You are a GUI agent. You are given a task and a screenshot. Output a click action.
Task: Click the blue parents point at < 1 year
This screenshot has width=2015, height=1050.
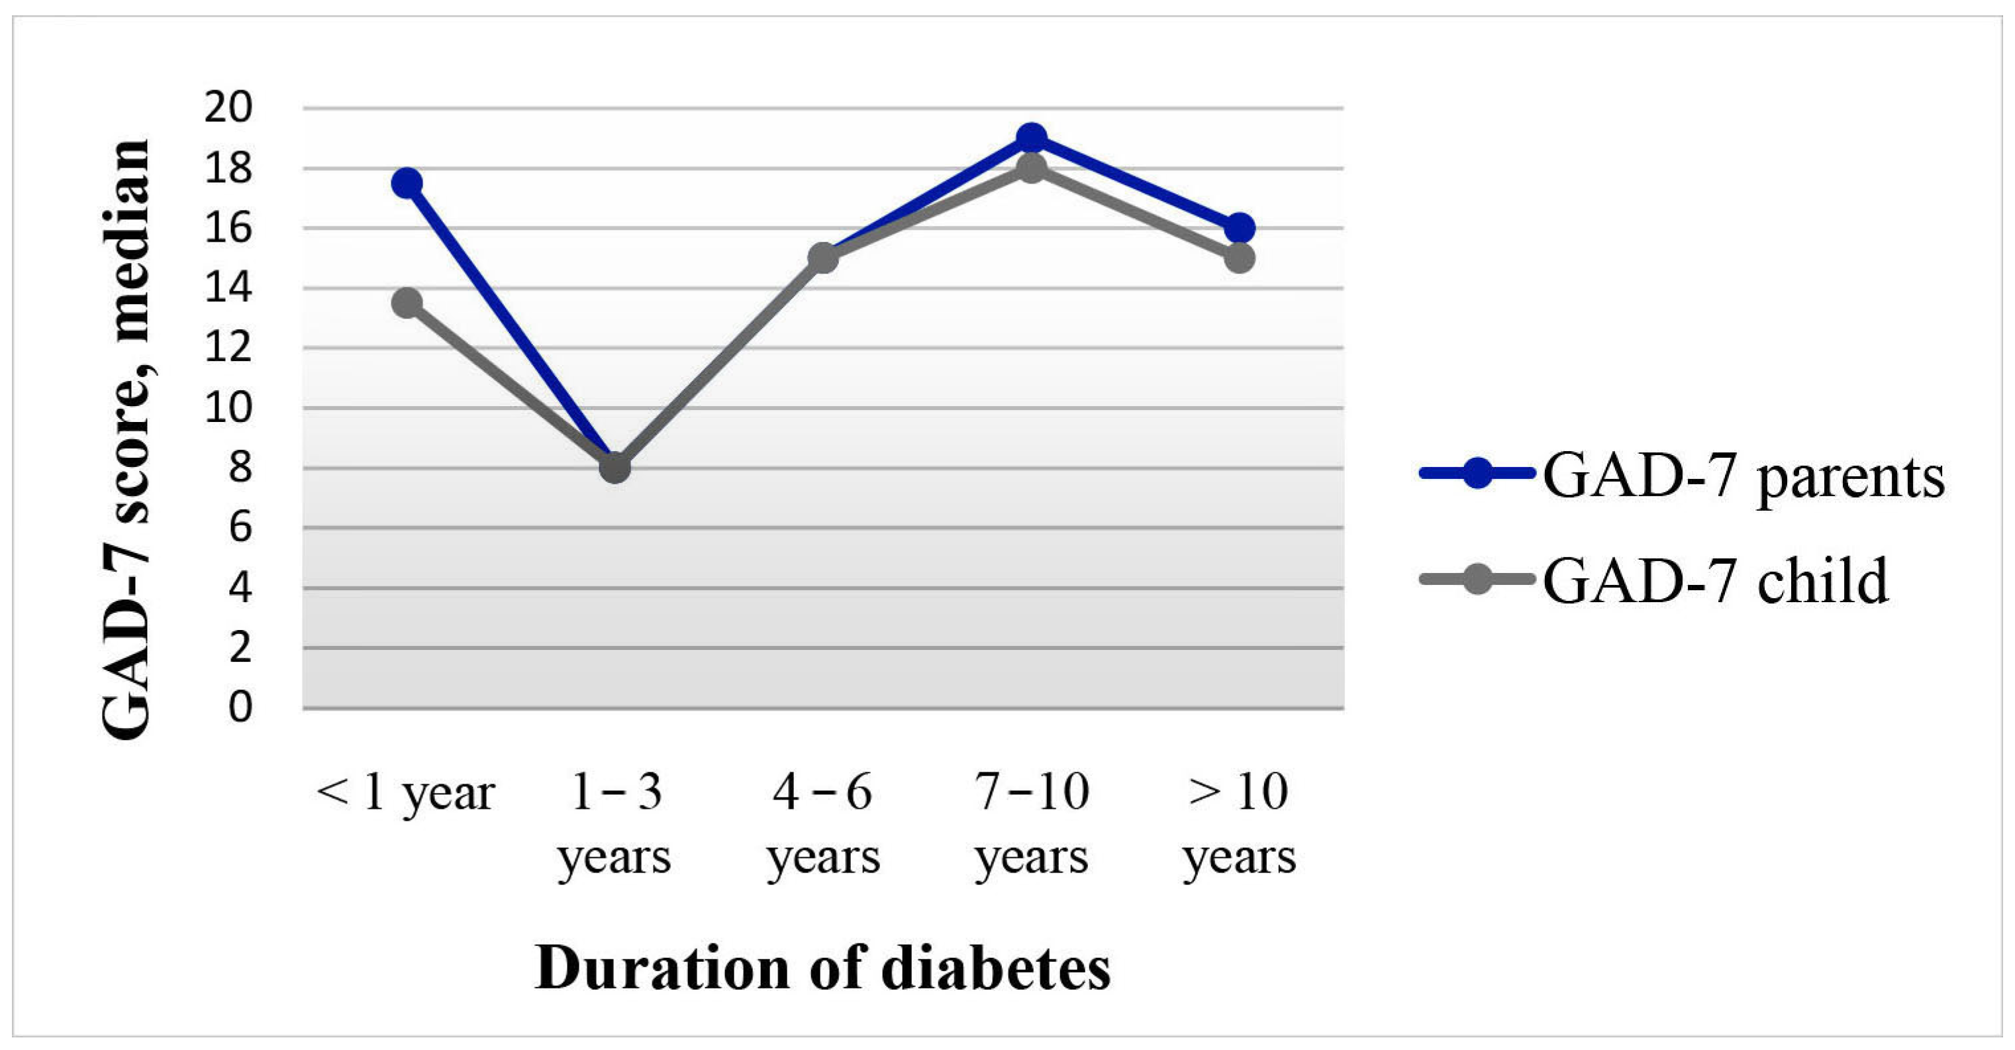pos(407,183)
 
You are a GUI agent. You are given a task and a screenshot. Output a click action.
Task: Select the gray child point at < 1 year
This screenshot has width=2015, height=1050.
pos(407,303)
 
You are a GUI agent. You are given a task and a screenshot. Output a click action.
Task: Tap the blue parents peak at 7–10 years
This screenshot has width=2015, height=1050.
pos(1032,138)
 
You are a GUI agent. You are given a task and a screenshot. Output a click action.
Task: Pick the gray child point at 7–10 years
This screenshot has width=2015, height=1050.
pos(1032,168)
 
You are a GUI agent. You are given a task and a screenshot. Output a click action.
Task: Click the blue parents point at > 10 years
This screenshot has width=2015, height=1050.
pos(1240,229)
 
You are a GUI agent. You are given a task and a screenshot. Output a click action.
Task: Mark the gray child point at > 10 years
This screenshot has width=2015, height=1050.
pos(1240,258)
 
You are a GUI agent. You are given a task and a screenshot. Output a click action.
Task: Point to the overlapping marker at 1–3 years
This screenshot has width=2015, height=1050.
pos(614,468)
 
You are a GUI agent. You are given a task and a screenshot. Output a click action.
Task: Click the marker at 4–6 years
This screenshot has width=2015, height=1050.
pos(823,258)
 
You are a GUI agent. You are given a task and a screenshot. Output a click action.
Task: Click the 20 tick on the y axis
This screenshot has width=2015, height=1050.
pos(228,108)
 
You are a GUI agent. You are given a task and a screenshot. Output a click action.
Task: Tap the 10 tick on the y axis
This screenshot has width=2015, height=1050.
pos(228,407)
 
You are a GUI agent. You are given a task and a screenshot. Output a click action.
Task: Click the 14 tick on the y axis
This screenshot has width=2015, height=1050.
pos(228,288)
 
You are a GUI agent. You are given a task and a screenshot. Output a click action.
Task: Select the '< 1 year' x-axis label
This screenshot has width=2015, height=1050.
pos(405,792)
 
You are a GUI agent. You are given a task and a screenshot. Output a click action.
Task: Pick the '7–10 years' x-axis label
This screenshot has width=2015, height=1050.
pos(1032,824)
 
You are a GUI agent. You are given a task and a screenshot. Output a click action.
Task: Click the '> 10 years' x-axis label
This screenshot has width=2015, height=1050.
pos(1239,824)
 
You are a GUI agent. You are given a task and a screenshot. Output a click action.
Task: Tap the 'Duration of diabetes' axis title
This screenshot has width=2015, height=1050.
pos(823,969)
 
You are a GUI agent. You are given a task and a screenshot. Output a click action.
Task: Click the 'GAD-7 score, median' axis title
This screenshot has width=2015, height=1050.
pos(126,438)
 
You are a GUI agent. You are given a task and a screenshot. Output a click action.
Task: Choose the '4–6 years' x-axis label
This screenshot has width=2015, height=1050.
pos(823,824)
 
